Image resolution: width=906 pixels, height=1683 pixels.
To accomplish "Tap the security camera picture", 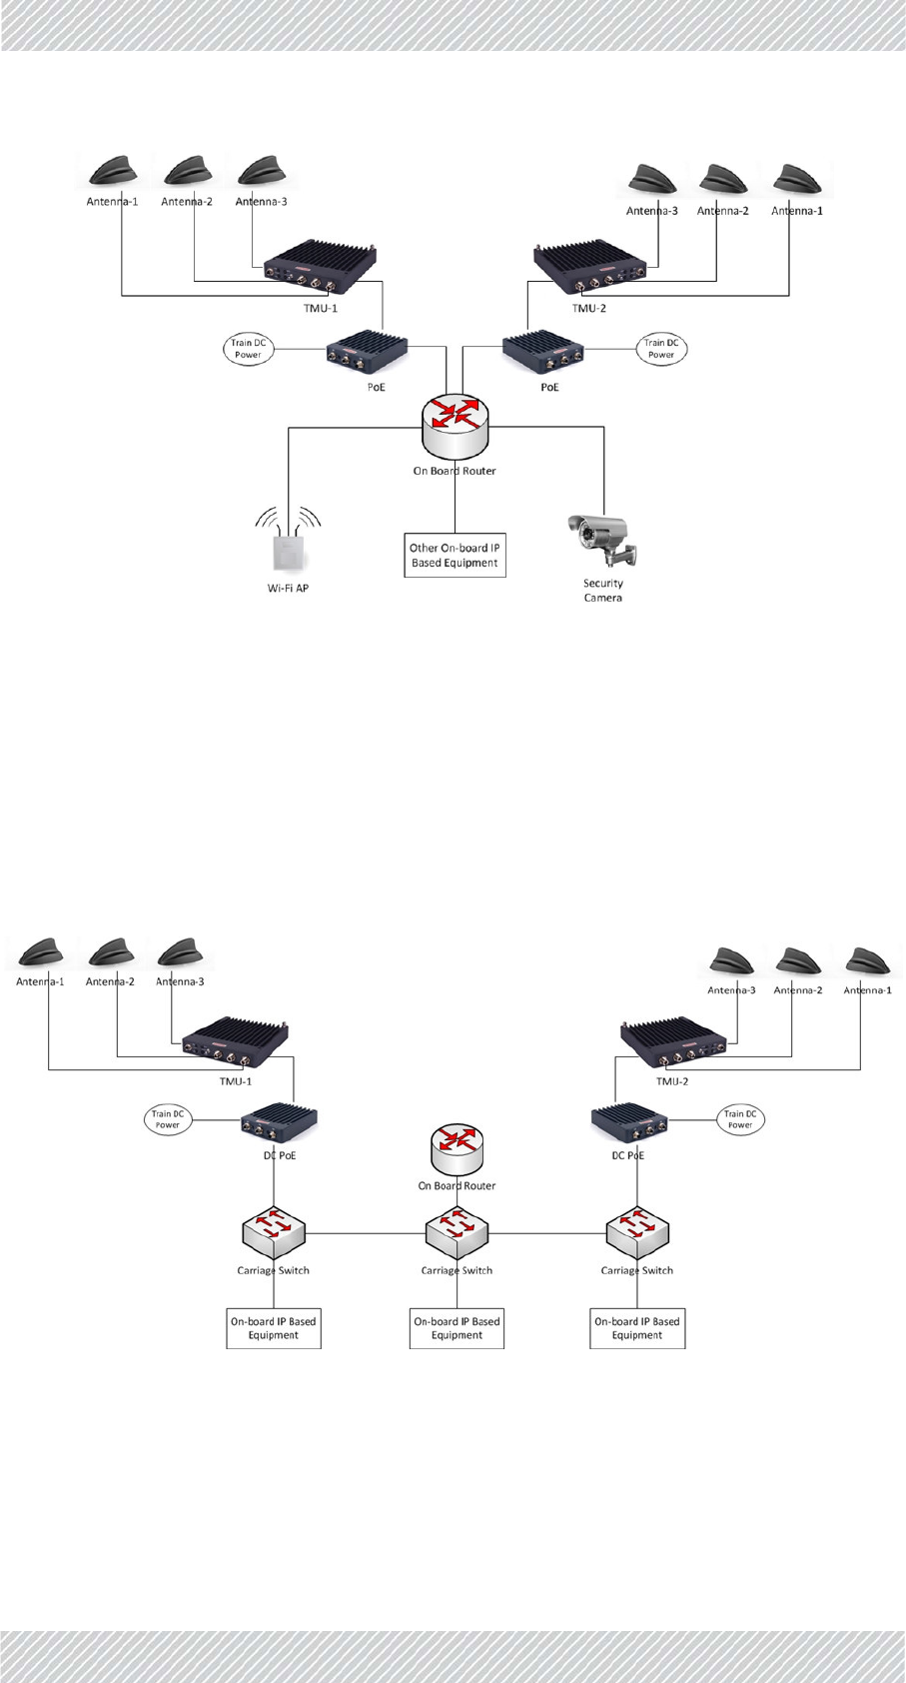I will click(x=602, y=541).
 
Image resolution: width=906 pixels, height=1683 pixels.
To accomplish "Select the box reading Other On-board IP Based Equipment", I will click(x=454, y=556).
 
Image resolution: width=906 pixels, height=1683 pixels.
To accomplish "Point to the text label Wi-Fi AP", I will click(x=288, y=589).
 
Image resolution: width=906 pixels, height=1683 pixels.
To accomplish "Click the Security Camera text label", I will click(x=603, y=591).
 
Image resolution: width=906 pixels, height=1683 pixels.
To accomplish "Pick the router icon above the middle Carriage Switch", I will click(x=457, y=1149).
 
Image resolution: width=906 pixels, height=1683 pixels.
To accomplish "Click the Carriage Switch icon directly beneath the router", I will click(x=457, y=1235).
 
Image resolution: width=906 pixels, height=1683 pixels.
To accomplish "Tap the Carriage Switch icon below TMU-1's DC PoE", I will click(x=274, y=1235).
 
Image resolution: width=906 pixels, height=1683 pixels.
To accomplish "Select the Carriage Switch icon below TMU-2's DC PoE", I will click(x=637, y=1235).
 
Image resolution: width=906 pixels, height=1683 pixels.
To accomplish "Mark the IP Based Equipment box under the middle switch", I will click(x=456, y=1328).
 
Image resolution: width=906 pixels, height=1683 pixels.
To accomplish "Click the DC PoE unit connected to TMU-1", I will click(x=279, y=1124).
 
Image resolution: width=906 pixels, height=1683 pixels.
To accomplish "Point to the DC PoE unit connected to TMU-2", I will click(x=629, y=1124).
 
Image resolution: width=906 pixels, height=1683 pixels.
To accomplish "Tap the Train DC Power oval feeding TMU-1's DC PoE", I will click(x=167, y=1119).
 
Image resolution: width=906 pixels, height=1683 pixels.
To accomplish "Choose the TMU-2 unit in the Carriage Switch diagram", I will click(x=671, y=1046).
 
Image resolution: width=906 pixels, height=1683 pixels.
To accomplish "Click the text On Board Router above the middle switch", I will click(x=456, y=1186).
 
